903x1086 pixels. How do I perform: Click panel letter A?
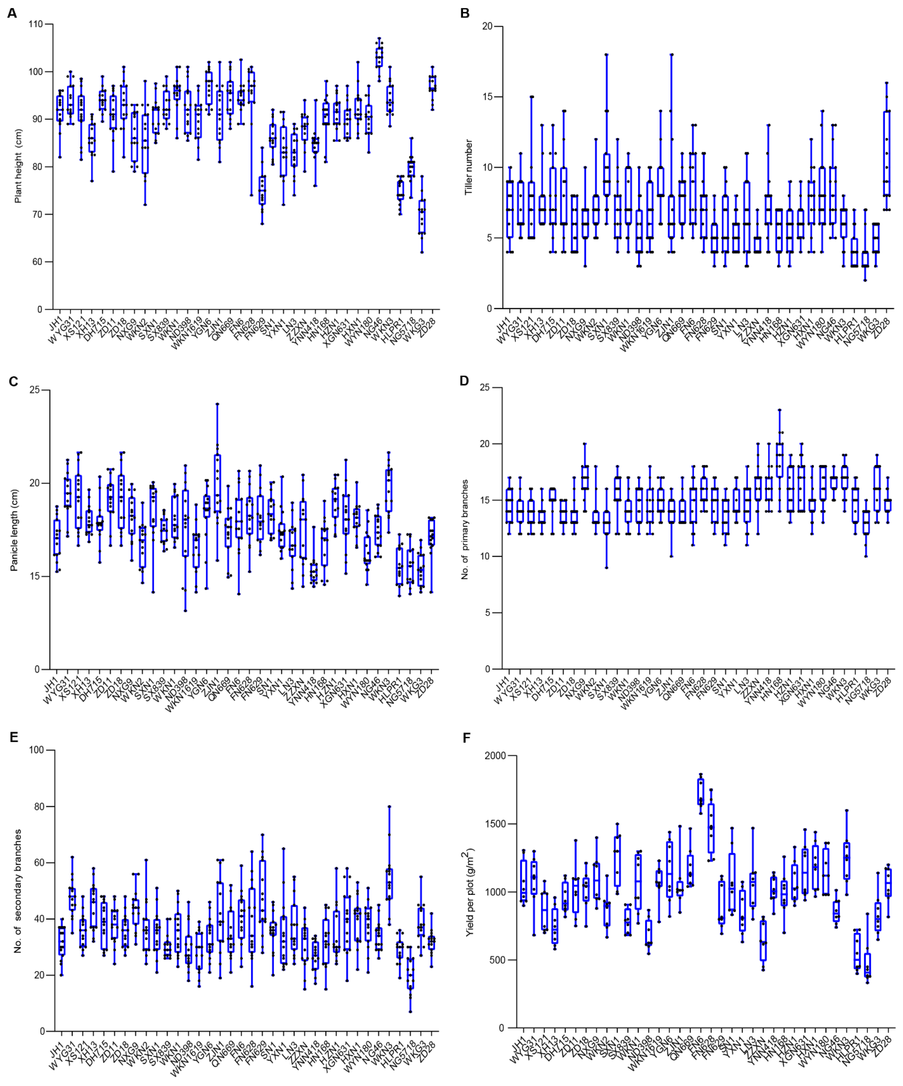11,13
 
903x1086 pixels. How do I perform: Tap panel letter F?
467,738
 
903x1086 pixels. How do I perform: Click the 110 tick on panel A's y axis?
36,24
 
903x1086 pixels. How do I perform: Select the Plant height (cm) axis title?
18,166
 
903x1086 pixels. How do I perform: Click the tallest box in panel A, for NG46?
379,57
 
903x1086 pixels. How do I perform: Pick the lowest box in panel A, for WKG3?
422,217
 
